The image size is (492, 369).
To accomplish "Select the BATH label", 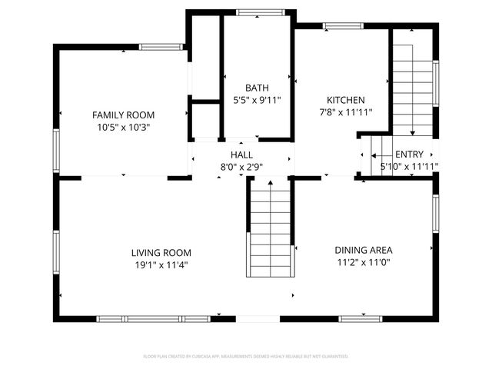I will pos(257,88).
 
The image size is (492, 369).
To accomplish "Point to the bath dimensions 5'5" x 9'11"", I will pos(257,100).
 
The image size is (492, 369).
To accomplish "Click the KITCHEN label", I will pos(346,100).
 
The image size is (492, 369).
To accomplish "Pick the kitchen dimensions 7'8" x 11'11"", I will pos(346,112).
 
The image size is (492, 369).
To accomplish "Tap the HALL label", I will pos(242,155).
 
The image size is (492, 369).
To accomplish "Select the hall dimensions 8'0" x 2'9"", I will pos(242,166).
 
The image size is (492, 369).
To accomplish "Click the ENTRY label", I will pos(409,155).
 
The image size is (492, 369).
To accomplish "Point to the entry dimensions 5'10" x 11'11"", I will pos(409,166).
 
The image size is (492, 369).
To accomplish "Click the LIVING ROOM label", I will pos(161,253).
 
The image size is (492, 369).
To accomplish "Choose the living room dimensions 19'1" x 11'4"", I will pos(161,265).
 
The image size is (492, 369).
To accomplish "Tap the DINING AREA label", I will pos(364,250).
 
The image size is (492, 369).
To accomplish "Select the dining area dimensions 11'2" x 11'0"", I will pos(364,262).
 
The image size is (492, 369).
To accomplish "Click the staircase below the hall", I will pos(271,231).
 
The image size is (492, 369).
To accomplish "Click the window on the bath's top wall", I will pos(250,12).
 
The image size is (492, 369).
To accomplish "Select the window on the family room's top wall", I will pos(161,47).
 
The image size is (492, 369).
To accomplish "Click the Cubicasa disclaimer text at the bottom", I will pos(246,357).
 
